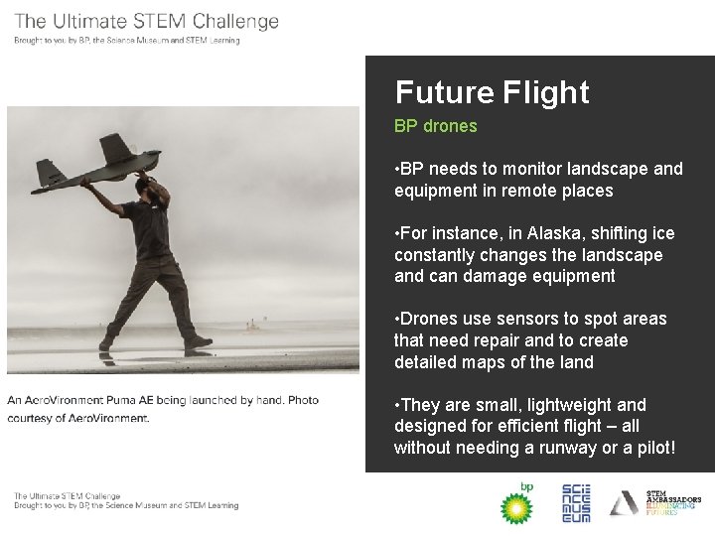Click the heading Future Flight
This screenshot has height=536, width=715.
(x=492, y=92)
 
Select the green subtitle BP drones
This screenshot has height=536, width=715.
(x=435, y=126)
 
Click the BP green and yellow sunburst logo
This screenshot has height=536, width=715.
(x=515, y=504)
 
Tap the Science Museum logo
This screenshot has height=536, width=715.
(x=576, y=503)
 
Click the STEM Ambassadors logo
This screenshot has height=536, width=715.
(x=655, y=504)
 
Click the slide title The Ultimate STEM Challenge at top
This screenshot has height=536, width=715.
(x=147, y=21)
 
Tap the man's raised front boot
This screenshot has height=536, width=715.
(x=198, y=342)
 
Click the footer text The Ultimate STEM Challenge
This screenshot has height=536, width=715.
(x=67, y=495)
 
